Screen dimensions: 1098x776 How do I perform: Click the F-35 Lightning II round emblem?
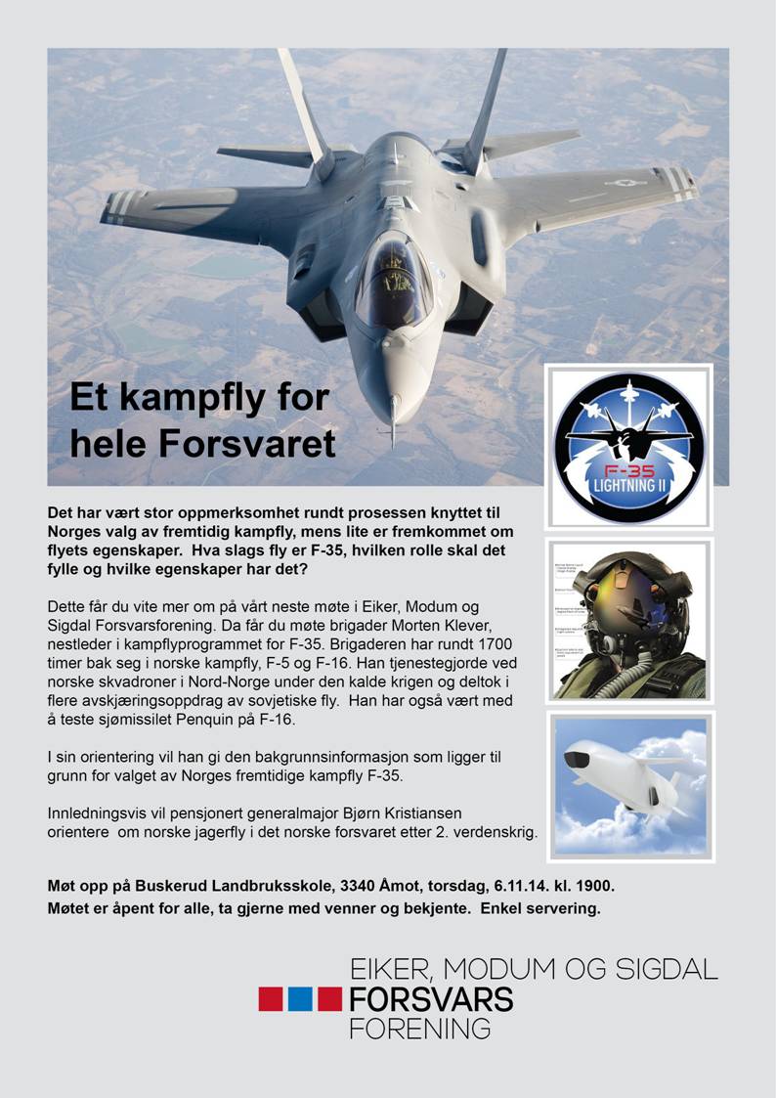(628, 447)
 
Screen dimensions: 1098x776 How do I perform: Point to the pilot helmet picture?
(628, 620)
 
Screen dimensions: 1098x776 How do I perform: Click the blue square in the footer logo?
(300, 998)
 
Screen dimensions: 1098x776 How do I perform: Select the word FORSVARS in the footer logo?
(431, 998)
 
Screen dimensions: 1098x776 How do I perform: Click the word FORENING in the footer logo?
(420, 1029)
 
